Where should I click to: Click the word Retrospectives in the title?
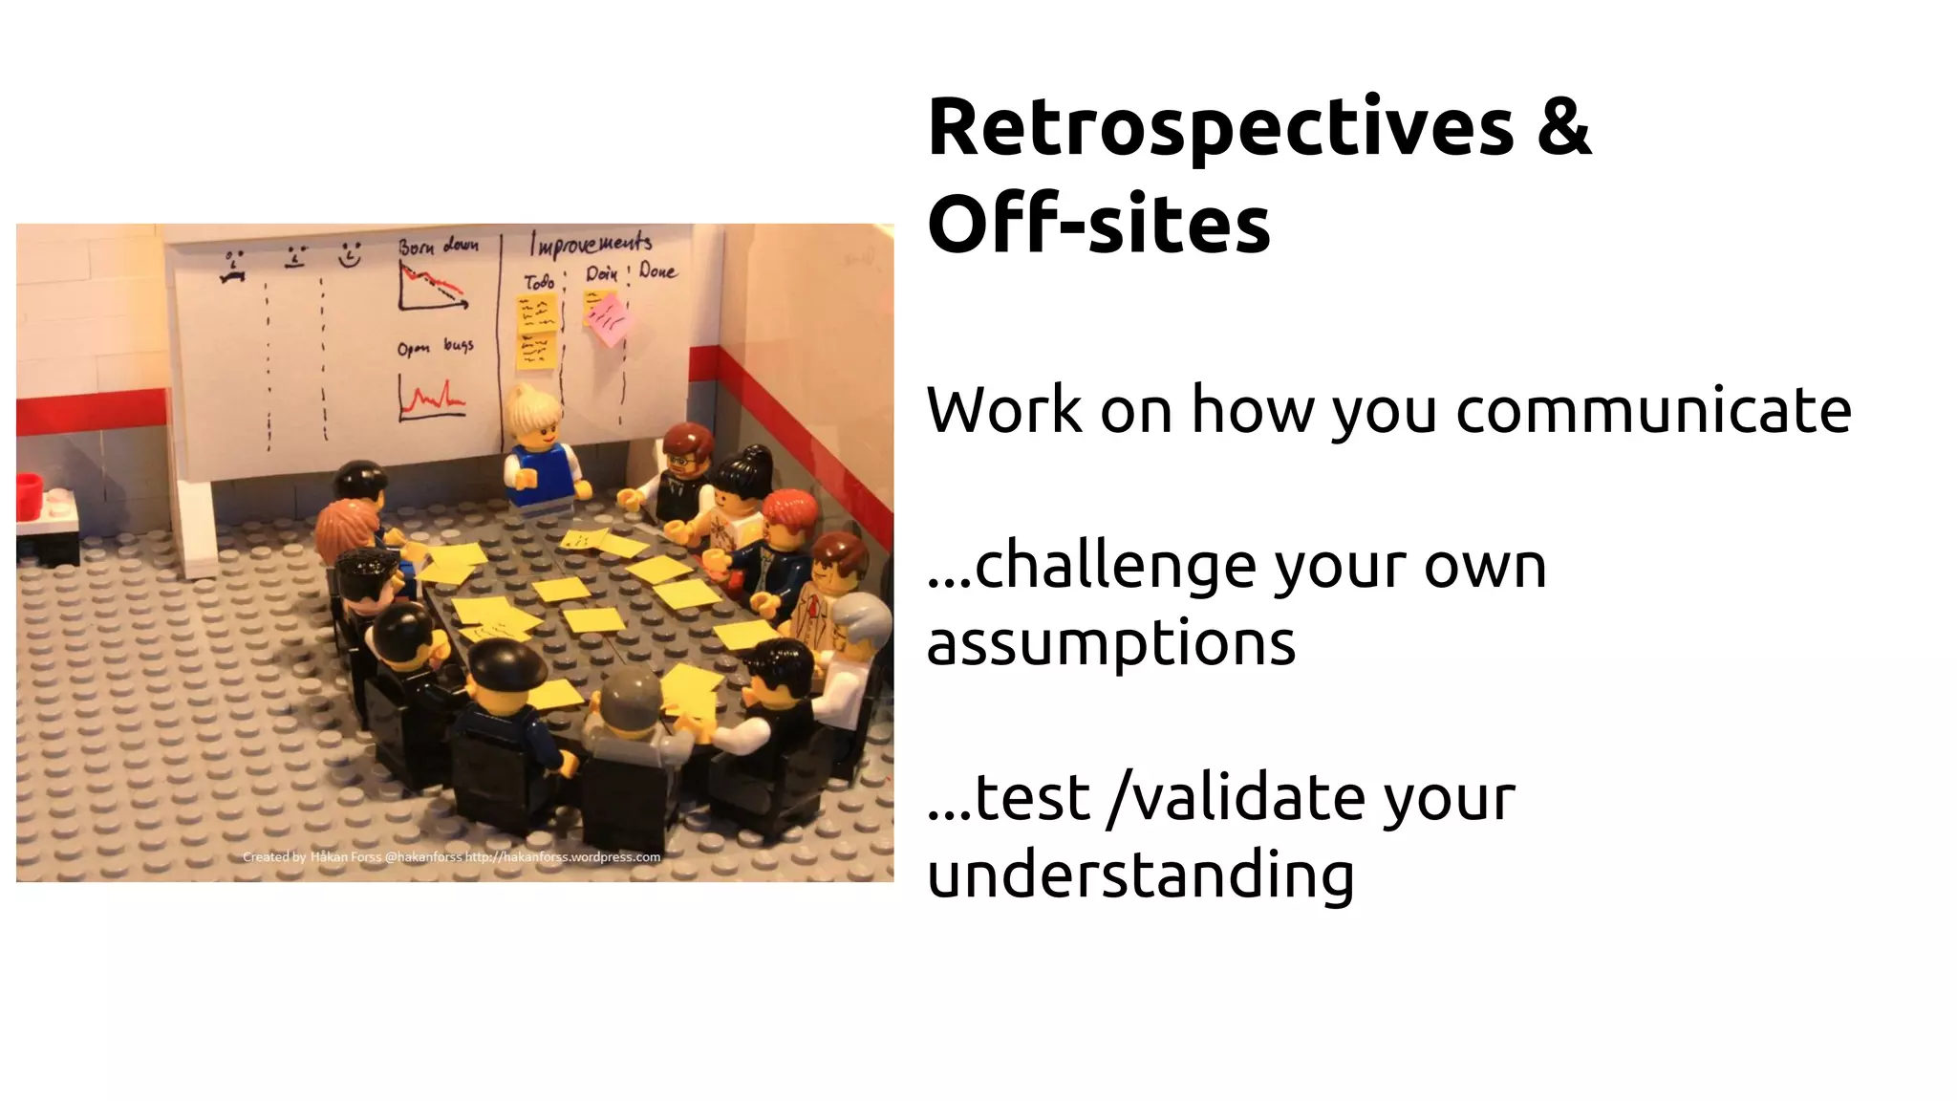pyautogui.click(x=1220, y=130)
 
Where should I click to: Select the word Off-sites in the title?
pyautogui.click(x=1098, y=226)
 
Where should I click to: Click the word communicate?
pyautogui.click(x=1653, y=411)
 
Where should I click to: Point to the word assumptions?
pyautogui.click(x=1110, y=643)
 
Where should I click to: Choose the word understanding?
pyautogui.click(x=1140, y=874)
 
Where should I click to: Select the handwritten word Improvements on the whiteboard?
pyautogui.click(x=591, y=244)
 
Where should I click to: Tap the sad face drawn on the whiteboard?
pyautogui.click(x=232, y=266)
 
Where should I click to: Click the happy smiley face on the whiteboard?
pyautogui.click(x=351, y=255)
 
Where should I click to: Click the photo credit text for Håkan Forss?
pyautogui.click(x=451, y=857)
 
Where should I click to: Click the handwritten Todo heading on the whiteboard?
pyautogui.click(x=539, y=282)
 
